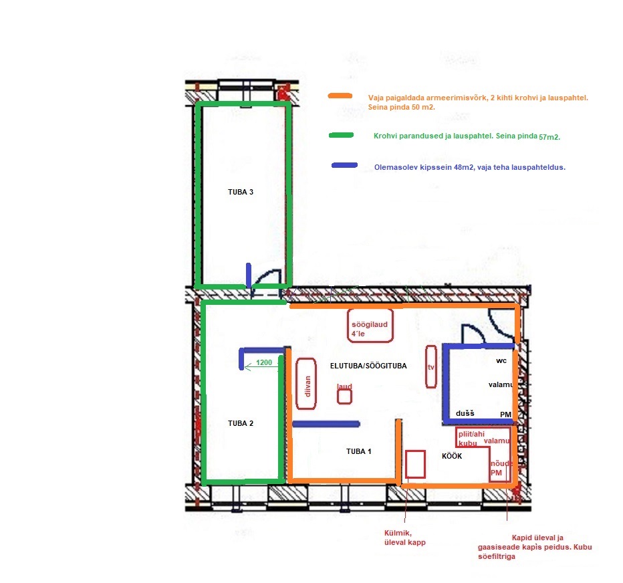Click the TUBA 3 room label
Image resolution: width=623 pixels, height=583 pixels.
(241, 192)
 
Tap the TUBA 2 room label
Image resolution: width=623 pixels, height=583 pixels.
(241, 423)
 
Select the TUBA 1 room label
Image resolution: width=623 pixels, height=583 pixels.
(358, 451)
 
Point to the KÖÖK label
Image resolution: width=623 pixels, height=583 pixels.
(452, 456)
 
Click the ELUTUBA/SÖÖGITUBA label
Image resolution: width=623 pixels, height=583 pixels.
(368, 366)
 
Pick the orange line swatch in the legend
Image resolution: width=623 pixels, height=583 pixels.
(340, 96)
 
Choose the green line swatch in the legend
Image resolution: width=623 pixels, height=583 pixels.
(342, 135)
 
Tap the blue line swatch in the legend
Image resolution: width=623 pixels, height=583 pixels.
(344, 165)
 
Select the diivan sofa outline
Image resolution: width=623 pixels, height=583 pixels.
(297, 384)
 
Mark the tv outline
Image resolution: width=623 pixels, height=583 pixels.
(426, 366)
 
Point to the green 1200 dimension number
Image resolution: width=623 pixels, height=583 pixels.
(264, 362)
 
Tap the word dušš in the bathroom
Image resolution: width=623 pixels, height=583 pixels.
(465, 413)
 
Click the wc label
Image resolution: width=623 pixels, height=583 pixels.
(501, 361)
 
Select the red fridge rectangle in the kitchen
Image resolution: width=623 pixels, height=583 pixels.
(406, 464)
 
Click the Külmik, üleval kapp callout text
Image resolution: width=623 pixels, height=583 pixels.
(405, 538)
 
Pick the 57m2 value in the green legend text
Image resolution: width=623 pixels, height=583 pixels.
(549, 137)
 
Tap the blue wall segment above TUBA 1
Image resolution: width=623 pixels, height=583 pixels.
(326, 424)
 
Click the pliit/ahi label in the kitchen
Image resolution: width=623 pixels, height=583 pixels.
(471, 434)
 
